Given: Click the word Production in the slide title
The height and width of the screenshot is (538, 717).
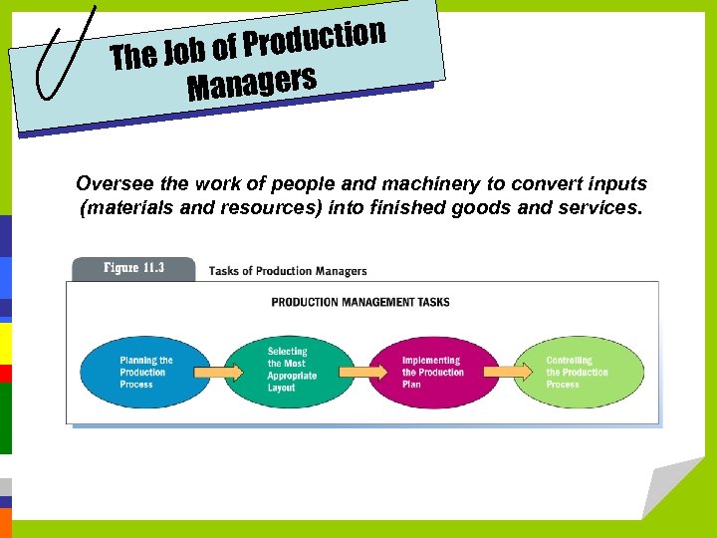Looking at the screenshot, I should click(x=315, y=40).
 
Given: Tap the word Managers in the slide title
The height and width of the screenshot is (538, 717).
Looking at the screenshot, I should click(x=252, y=83).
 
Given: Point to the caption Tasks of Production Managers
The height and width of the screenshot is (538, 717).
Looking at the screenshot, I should click(x=287, y=271).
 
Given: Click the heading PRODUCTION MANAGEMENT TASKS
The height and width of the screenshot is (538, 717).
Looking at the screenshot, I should click(x=360, y=302).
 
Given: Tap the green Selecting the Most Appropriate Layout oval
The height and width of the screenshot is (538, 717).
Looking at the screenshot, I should click(x=290, y=371).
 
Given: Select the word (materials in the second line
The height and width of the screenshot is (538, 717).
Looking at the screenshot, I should click(x=119, y=208).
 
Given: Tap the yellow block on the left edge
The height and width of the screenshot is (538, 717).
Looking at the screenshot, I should click(x=5, y=344).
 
